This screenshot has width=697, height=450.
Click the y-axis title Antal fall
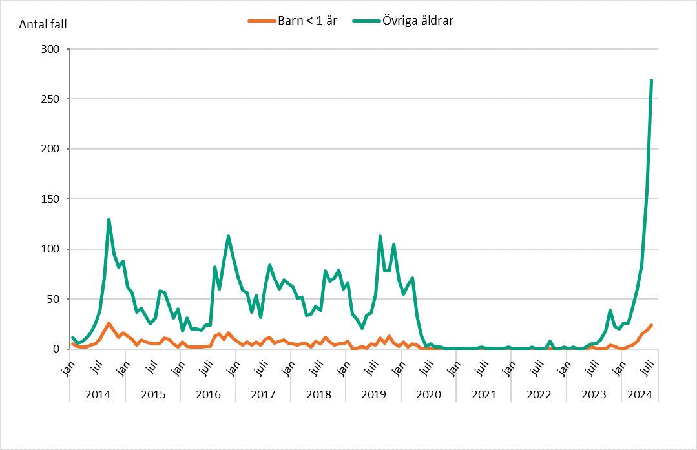pyautogui.click(x=43, y=25)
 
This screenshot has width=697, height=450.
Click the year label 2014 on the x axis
pyautogui.click(x=98, y=394)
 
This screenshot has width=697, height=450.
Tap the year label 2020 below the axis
pyautogui.click(x=428, y=394)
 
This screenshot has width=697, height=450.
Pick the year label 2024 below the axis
pyautogui.click(x=640, y=394)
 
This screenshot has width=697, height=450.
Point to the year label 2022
pyautogui.click(x=539, y=394)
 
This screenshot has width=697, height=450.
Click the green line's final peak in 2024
pyautogui.click(x=651, y=81)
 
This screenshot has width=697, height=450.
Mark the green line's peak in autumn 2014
pyautogui.click(x=109, y=220)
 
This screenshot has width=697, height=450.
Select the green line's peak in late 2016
pyautogui.click(x=229, y=236)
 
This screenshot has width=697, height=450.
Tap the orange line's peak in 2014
pyautogui.click(x=109, y=323)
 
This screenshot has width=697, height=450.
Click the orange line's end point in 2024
pyautogui.click(x=651, y=325)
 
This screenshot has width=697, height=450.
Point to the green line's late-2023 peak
pyautogui.click(x=610, y=311)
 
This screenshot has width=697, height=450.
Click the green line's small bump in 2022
pyautogui.click(x=550, y=342)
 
